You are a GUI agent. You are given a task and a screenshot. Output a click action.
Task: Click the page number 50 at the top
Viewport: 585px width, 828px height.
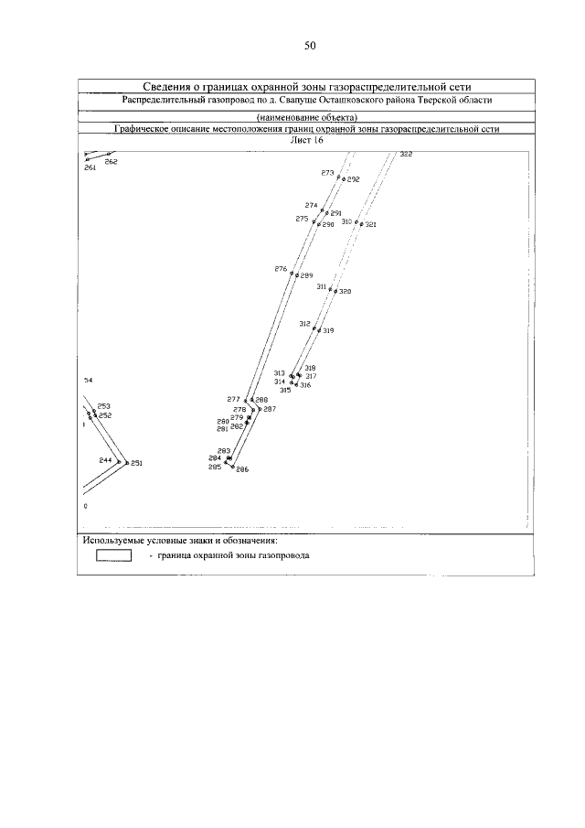[x=309, y=46]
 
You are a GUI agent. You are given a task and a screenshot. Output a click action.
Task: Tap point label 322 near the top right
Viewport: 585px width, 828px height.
[x=406, y=155]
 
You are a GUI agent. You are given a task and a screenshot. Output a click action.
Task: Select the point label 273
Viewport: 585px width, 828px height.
[x=327, y=173]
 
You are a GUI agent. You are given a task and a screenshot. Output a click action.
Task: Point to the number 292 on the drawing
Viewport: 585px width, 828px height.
[x=353, y=180]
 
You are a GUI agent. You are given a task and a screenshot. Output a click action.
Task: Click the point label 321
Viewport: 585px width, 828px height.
[x=370, y=224]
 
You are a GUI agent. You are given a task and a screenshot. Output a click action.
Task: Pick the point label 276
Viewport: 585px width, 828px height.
[x=281, y=269]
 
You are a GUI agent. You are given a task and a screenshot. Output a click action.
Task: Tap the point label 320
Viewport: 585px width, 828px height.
[x=345, y=292]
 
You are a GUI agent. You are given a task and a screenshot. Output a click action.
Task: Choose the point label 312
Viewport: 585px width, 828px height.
[x=305, y=324]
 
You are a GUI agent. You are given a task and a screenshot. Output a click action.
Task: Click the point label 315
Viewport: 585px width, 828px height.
[x=285, y=391]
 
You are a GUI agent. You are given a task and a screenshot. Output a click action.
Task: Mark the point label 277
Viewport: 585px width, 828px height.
[x=233, y=399]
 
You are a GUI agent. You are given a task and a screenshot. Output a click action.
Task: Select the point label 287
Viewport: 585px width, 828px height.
[x=269, y=409]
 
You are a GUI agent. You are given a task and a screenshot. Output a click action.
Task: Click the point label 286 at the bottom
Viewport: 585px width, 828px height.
[x=242, y=468]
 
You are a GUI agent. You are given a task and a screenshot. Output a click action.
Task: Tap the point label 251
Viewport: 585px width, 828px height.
[x=136, y=463]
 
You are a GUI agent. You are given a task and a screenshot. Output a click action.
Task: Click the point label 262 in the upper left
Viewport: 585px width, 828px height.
[x=111, y=162]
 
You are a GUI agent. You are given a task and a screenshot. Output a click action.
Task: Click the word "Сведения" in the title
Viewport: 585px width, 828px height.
[x=170, y=85]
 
